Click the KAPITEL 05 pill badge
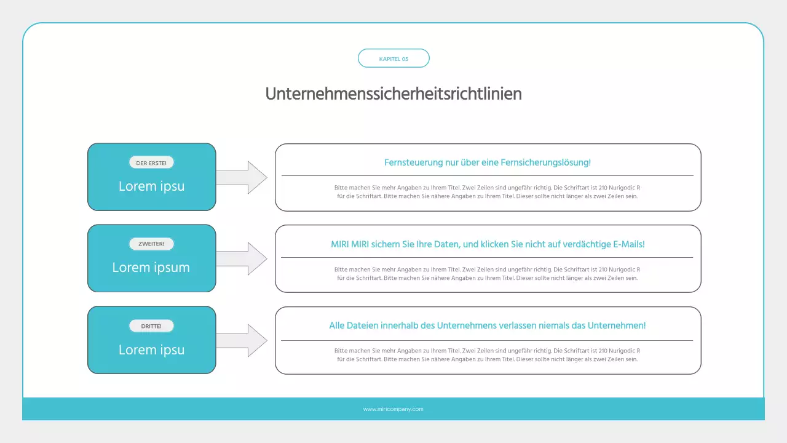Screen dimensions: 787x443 [x=393, y=58]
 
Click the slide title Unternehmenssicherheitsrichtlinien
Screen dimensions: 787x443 [x=393, y=94]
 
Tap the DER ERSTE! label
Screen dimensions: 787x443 [x=151, y=163]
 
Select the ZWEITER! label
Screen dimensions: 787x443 [x=151, y=244]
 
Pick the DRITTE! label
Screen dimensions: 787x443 [x=151, y=326]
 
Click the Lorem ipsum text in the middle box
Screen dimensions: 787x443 [x=151, y=268]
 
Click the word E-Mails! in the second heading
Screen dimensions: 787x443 [x=629, y=244]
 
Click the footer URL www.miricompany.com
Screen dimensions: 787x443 [x=393, y=409]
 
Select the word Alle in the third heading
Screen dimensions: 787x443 [x=337, y=325]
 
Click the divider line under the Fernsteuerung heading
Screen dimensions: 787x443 [x=488, y=176]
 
